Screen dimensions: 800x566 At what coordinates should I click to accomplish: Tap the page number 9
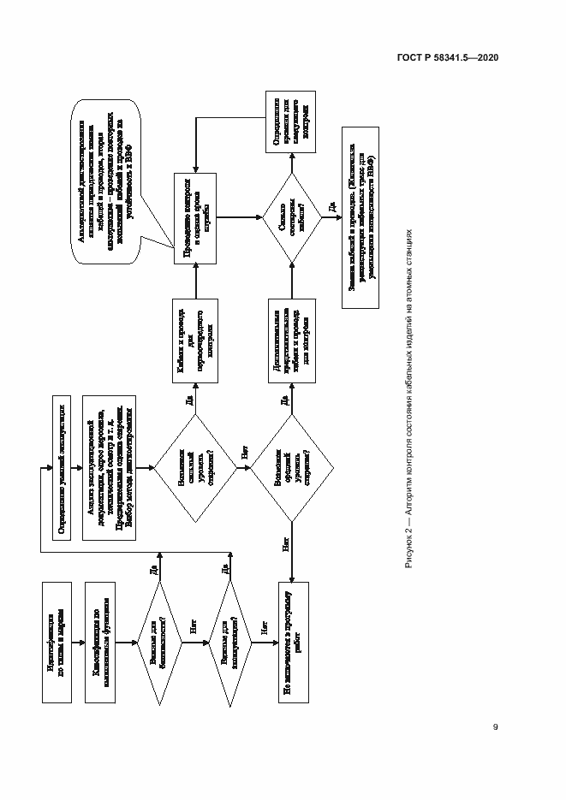[495, 727]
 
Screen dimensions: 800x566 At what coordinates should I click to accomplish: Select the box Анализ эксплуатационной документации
[109, 467]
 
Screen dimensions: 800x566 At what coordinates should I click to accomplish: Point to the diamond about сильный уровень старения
[195, 467]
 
